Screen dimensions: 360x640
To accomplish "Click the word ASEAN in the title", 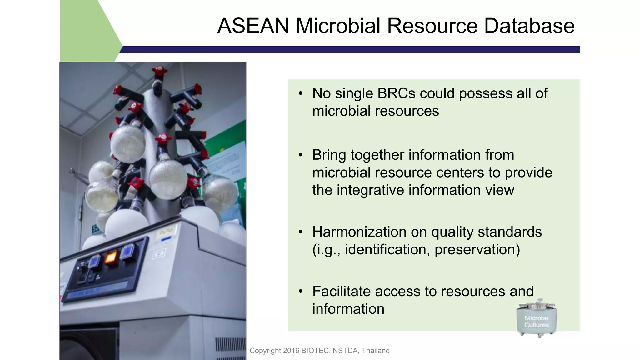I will pos(253,26).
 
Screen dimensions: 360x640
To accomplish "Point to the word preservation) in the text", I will pos(477,249).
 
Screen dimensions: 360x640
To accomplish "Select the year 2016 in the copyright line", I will pos(291,351).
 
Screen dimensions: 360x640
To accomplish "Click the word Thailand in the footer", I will pos(376,351).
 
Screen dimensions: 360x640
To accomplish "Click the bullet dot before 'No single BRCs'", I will pos(301,93).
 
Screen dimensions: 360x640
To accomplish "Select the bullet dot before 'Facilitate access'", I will pos(301,292).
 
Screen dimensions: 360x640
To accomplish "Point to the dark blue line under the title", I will pos(350,49).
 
